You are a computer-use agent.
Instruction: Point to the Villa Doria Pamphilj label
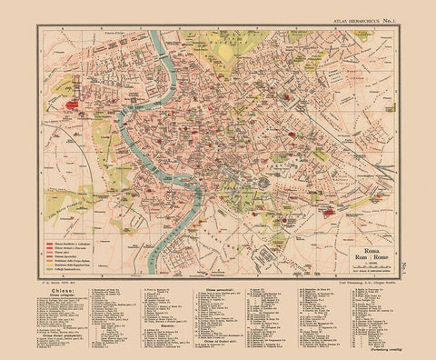[x=68, y=196]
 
